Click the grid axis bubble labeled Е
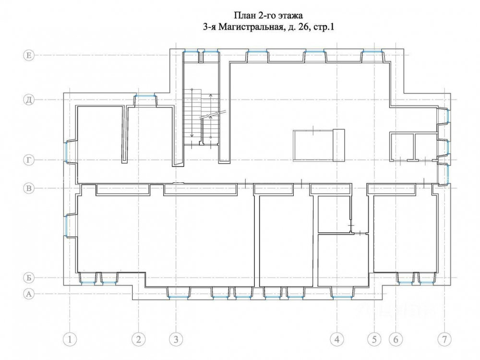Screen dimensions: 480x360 point(29,55)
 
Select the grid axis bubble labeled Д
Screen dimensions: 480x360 point(29,100)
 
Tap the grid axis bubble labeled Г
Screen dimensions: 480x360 point(29,160)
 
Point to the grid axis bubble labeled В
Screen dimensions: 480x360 point(29,188)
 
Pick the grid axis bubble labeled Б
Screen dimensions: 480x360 point(29,277)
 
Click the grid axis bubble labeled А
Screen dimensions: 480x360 point(29,294)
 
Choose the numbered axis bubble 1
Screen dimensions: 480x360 point(70,339)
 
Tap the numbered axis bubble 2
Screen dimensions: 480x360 point(138,339)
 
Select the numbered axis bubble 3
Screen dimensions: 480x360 point(176,339)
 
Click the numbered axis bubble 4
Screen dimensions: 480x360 point(337,339)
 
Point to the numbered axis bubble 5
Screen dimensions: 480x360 point(374,339)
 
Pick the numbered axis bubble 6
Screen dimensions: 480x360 point(396,339)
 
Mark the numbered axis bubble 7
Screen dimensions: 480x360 point(444,339)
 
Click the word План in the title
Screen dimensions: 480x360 point(244,15)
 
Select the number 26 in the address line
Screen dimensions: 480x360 point(303,27)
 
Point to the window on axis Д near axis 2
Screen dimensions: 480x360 point(145,96)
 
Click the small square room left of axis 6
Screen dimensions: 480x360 point(401,146)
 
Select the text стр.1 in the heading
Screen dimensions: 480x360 point(324,27)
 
